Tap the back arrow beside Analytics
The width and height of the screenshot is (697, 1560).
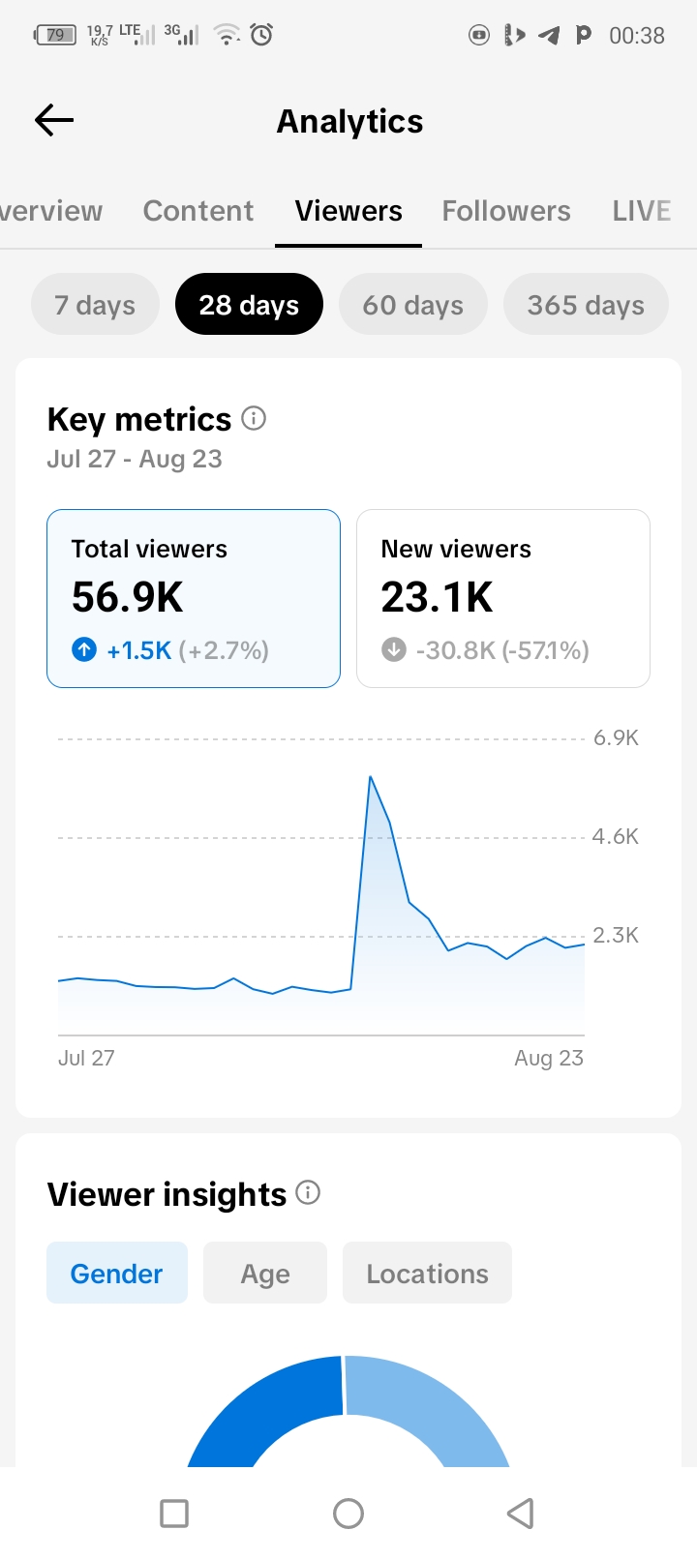(54, 120)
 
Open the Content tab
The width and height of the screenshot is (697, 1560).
(197, 211)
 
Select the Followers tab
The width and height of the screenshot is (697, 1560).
(506, 211)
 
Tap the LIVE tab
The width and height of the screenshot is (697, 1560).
(641, 211)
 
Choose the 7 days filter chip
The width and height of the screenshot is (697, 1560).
(95, 304)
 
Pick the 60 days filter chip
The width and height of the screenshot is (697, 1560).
(412, 304)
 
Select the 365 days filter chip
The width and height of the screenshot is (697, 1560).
(586, 304)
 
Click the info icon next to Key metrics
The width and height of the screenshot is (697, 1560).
(254, 419)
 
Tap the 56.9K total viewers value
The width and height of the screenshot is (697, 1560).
(127, 597)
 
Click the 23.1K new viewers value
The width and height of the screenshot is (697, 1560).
(437, 597)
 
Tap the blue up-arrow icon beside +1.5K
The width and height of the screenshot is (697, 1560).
(84, 649)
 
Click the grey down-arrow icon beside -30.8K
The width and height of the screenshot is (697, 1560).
(394, 649)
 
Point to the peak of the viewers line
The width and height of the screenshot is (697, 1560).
(370, 776)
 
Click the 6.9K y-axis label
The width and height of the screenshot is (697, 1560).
(616, 738)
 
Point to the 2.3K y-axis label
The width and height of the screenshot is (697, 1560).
(616, 935)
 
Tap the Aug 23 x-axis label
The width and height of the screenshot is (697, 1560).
(549, 1058)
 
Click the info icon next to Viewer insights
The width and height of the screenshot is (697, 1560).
(308, 1193)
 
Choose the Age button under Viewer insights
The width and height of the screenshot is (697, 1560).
(265, 1273)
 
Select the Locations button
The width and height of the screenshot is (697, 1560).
(427, 1273)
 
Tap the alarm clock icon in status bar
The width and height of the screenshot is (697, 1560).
(261, 34)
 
